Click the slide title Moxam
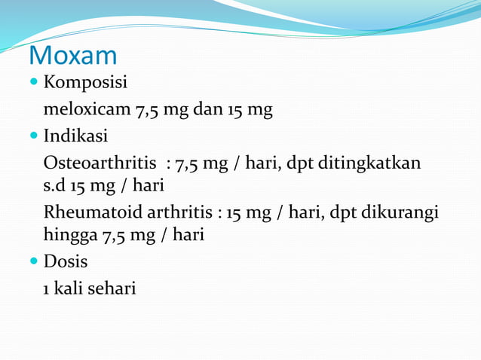point(72,56)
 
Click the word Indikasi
point(75,137)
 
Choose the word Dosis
point(66,261)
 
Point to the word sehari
point(112,288)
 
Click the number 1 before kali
point(47,288)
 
